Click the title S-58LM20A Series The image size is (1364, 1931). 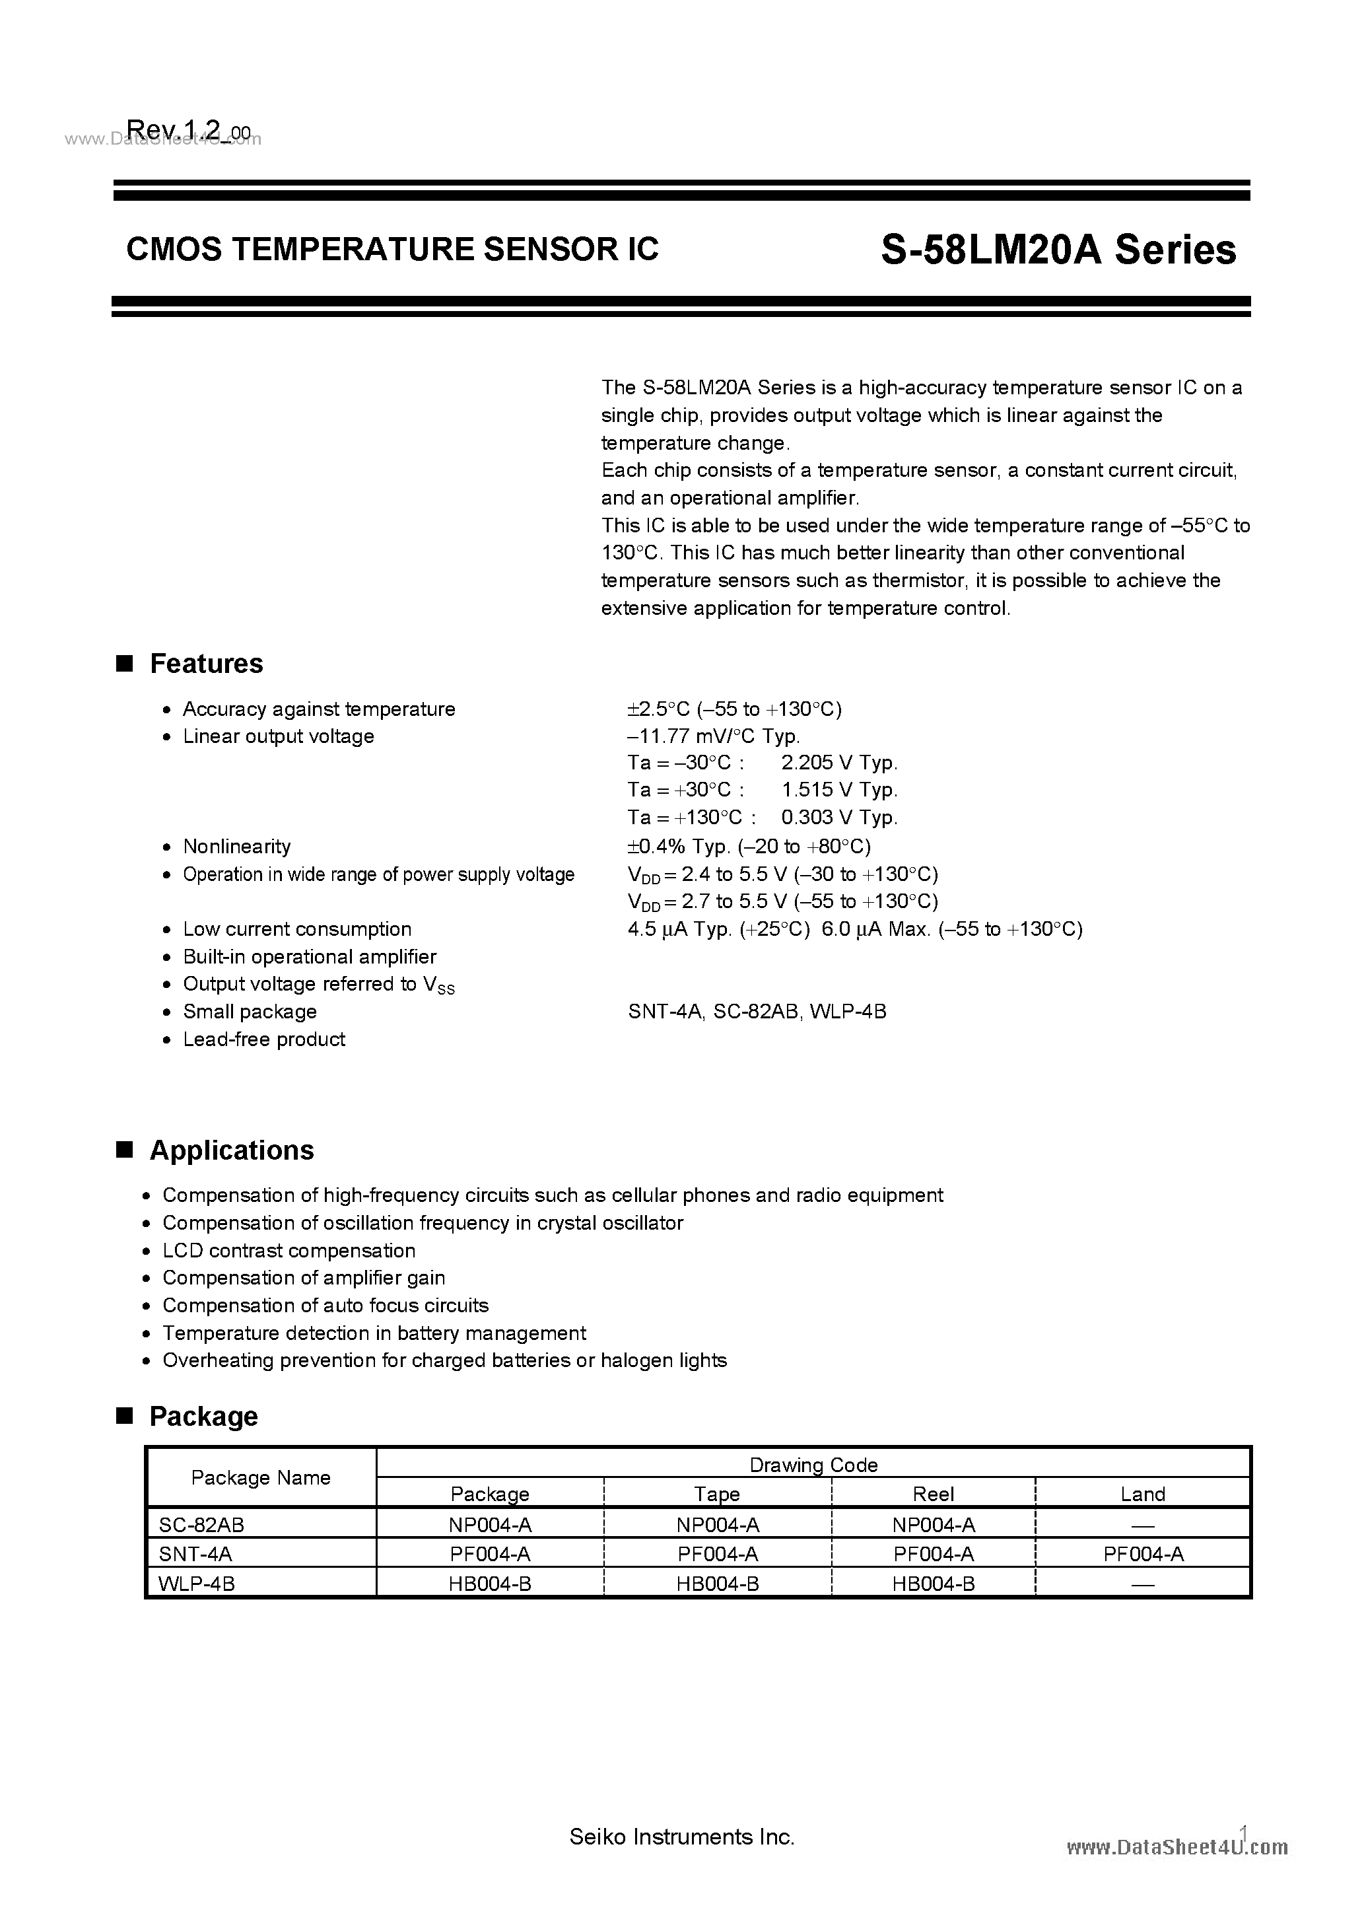1058,250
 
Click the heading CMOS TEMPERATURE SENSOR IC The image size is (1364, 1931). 392,249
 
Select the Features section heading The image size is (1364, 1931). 205,664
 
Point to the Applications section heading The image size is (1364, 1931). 231,1150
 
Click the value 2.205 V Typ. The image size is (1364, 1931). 838,763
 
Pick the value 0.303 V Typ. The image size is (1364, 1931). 838,818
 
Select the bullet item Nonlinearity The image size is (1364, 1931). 236,846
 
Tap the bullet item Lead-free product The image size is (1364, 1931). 263,1039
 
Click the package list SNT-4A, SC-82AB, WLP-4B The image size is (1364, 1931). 757,1012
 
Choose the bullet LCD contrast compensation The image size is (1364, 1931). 289,1251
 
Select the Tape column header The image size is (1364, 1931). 716,1494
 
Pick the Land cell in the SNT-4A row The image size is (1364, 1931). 1142,1554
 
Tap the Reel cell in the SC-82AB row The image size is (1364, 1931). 933,1525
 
